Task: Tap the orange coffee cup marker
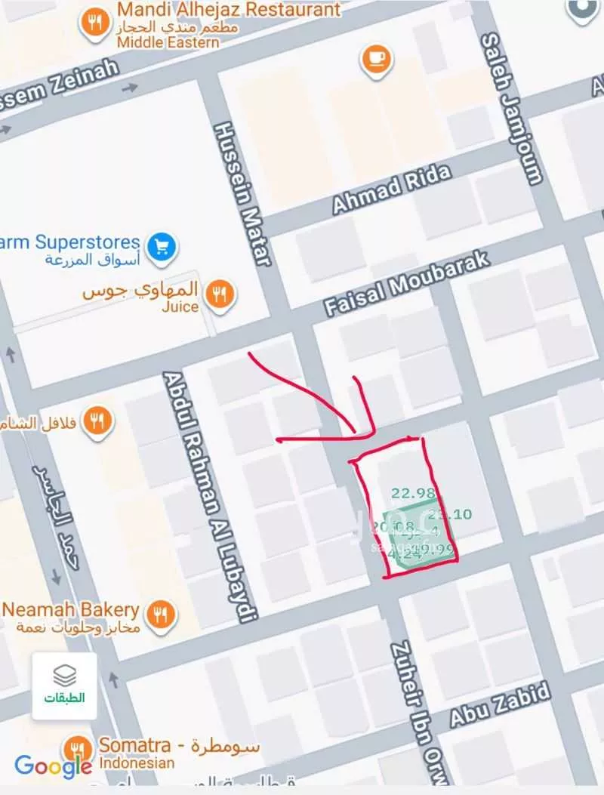point(375,58)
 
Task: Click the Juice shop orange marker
point(220,294)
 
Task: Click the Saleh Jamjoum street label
point(513,109)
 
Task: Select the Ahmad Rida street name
point(392,188)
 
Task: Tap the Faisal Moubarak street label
point(407,283)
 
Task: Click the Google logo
point(53,766)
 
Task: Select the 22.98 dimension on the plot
point(413,494)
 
